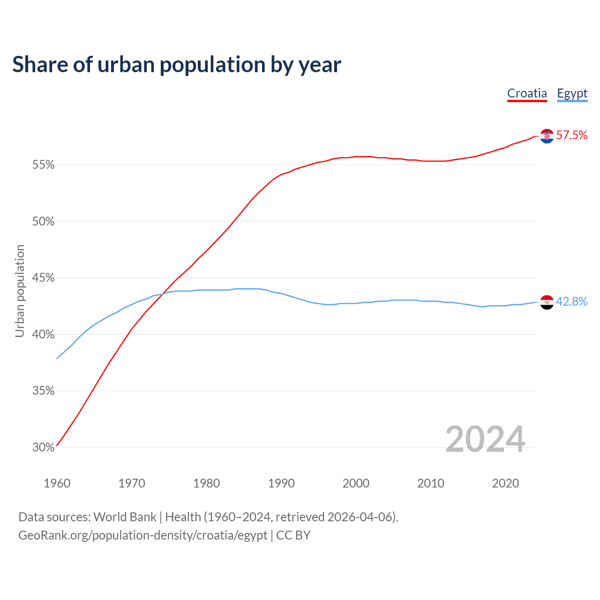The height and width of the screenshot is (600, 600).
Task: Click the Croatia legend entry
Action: click(527, 93)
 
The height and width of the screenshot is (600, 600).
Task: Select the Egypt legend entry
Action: click(572, 93)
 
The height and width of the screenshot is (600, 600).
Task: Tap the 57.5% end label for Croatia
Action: click(571, 135)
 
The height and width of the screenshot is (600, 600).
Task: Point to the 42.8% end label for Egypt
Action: click(571, 302)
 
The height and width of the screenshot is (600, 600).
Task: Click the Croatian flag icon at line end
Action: click(547, 136)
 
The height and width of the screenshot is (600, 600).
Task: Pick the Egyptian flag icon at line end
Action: click(547, 302)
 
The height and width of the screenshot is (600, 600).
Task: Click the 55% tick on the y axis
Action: click(44, 165)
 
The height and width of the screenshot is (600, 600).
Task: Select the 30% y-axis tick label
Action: click(44, 448)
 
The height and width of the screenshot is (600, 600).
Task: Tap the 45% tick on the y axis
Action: click(44, 278)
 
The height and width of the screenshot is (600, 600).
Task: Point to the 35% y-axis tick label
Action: click(44, 391)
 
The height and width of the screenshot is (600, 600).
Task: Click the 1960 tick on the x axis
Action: click(57, 483)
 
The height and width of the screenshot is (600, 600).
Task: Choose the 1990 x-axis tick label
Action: click(281, 483)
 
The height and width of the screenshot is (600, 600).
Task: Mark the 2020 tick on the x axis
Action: click(505, 483)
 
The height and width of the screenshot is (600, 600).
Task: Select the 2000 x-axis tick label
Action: click(356, 483)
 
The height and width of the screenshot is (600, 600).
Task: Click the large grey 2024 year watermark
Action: click(485, 439)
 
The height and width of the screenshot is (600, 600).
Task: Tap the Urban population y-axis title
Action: click(20, 291)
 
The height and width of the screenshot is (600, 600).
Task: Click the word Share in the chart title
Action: click(39, 65)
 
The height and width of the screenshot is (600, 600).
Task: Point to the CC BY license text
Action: click(293, 535)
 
